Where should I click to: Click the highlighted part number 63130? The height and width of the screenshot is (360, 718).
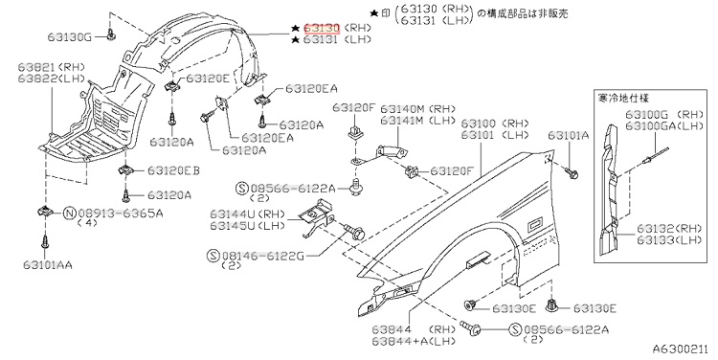(x=322, y=29)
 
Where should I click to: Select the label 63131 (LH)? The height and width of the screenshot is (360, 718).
(x=338, y=40)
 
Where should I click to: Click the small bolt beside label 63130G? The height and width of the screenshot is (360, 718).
(x=110, y=34)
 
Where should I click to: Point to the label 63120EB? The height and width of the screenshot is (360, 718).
(x=173, y=170)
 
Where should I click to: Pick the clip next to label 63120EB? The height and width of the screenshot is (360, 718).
(x=125, y=170)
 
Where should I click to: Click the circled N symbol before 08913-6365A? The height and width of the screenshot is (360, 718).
(x=69, y=213)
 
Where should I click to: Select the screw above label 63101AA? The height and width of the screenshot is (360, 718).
(x=44, y=242)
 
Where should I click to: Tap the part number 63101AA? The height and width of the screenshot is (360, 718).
(x=48, y=264)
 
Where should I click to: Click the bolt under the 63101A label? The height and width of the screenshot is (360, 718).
(x=572, y=173)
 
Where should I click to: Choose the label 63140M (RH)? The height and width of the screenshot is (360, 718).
(x=418, y=109)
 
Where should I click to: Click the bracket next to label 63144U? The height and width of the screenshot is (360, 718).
(x=317, y=217)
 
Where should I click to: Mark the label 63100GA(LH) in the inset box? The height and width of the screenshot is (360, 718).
(x=664, y=126)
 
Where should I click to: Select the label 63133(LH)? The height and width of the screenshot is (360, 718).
(x=669, y=239)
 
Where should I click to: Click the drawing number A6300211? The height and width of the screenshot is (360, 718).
(x=681, y=349)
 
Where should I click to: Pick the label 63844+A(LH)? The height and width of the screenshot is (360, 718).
(x=414, y=341)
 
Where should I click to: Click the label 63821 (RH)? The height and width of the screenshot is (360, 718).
(x=52, y=67)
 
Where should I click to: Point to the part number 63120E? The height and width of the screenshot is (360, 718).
(x=208, y=78)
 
